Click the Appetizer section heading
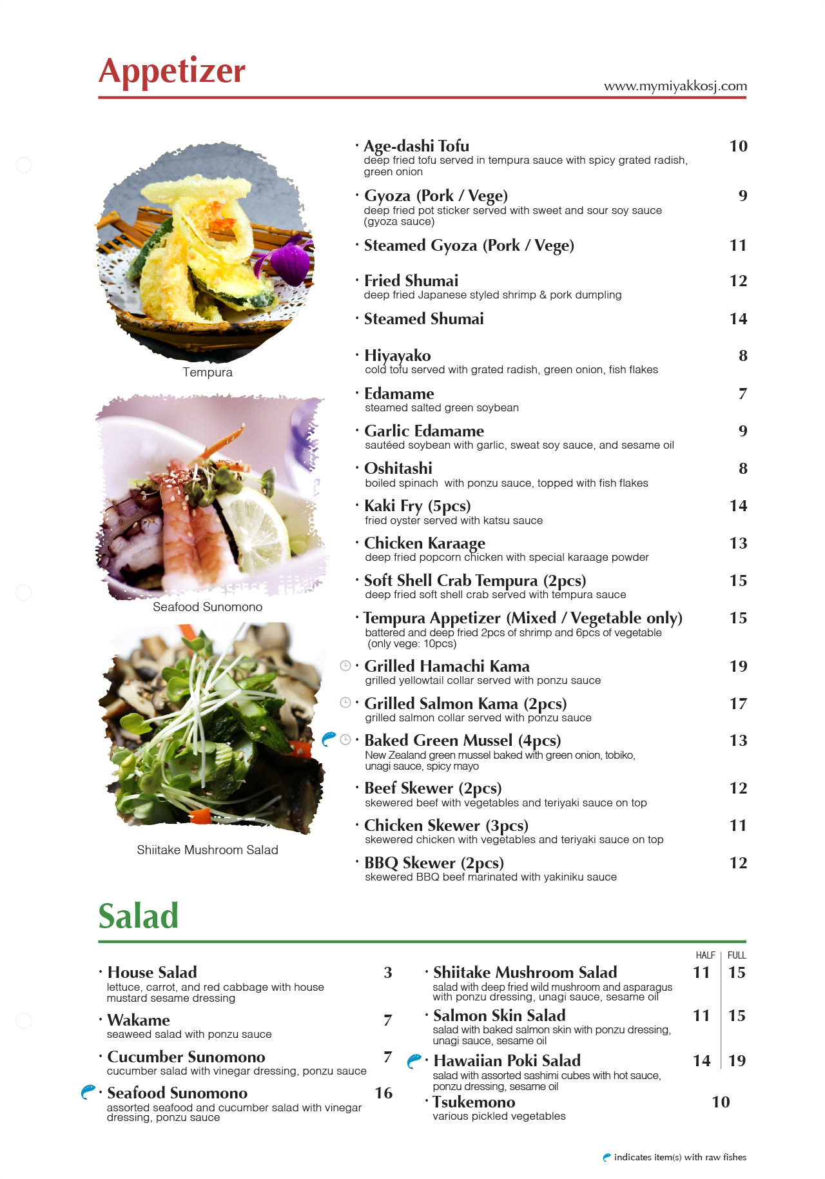tap(172, 71)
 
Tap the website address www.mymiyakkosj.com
tap(675, 86)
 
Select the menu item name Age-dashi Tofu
tap(416, 146)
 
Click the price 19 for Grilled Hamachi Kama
tap(738, 666)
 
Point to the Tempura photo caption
tap(208, 372)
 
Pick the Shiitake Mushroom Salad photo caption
tap(208, 850)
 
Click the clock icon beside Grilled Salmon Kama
tap(345, 703)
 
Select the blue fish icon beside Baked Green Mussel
tap(329, 739)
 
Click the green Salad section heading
tap(139, 916)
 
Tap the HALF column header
tap(705, 955)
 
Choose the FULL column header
tap(737, 955)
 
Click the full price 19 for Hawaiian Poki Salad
tap(737, 1060)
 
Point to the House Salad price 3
tap(388, 972)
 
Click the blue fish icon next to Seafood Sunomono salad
tap(88, 1092)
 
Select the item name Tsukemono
tap(474, 1102)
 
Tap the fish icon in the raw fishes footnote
tap(607, 1157)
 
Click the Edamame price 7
tap(742, 393)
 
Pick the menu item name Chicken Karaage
tap(425, 543)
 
